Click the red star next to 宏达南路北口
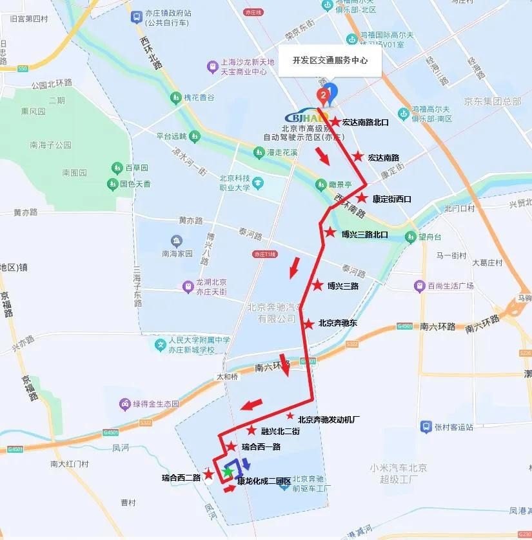click(335, 121)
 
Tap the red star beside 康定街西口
click(362, 199)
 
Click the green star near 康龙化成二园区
click(227, 472)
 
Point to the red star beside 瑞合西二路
click(209, 474)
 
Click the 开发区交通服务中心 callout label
click(330, 60)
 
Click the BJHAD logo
click(308, 117)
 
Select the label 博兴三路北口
click(364, 235)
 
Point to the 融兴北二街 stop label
click(280, 431)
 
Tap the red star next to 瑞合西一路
click(231, 446)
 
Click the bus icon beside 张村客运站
click(426, 426)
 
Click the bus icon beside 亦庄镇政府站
click(136, 17)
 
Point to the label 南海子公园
click(50, 145)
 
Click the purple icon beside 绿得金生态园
click(123, 404)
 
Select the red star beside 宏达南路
click(358, 156)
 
